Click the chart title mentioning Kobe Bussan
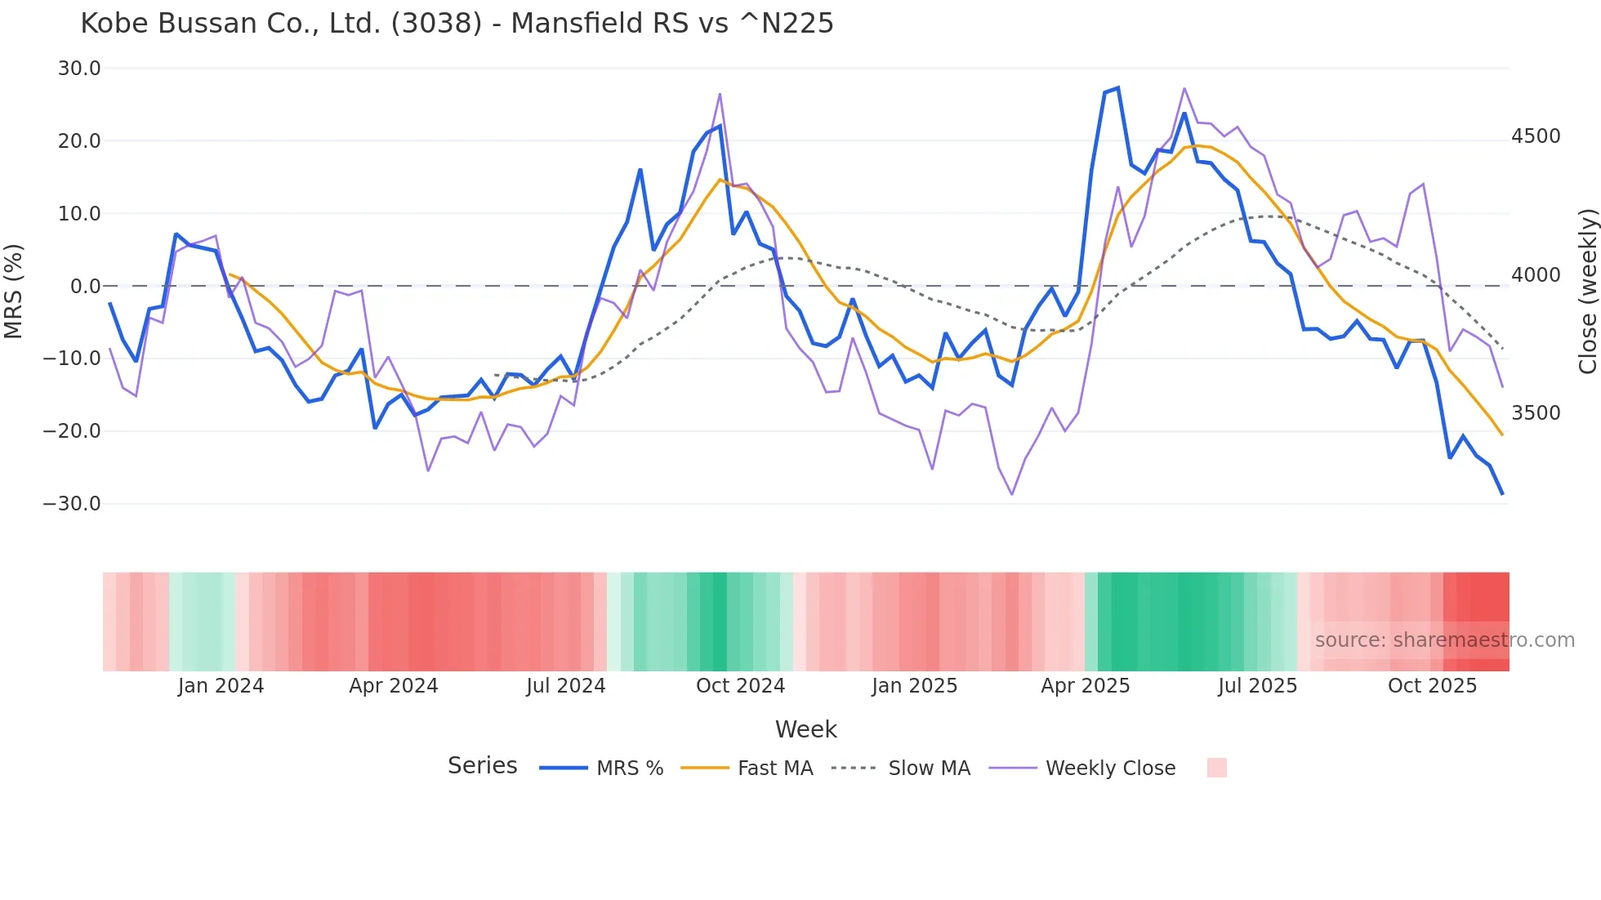(x=457, y=24)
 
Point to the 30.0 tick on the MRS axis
(x=79, y=69)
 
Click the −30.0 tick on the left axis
(x=72, y=504)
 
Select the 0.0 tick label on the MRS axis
(x=85, y=287)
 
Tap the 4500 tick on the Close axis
(x=1536, y=136)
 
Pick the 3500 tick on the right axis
(x=1536, y=413)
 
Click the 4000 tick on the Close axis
(x=1536, y=275)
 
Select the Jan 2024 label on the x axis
(x=221, y=686)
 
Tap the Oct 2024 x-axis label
(x=740, y=686)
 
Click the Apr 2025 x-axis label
(x=1085, y=686)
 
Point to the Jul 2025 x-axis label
(x=1257, y=686)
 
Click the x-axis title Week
(x=805, y=729)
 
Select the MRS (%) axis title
(x=14, y=291)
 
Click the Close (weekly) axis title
(x=1587, y=292)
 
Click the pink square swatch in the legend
(x=1216, y=768)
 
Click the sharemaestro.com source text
(x=1444, y=640)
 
